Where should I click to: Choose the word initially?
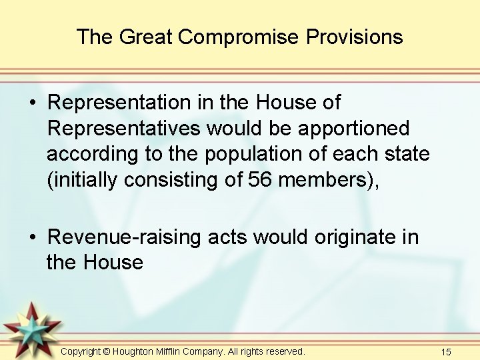(x=86, y=179)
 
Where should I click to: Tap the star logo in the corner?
(x=31, y=329)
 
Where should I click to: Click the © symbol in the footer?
(x=107, y=351)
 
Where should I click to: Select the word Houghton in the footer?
(x=135, y=351)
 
